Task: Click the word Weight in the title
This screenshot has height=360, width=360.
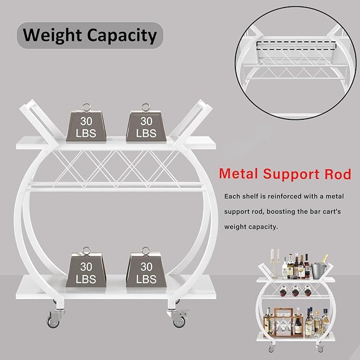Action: coord(51,36)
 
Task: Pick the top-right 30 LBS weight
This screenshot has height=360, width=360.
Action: coord(146,126)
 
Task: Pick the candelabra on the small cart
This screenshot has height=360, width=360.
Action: coord(274,260)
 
